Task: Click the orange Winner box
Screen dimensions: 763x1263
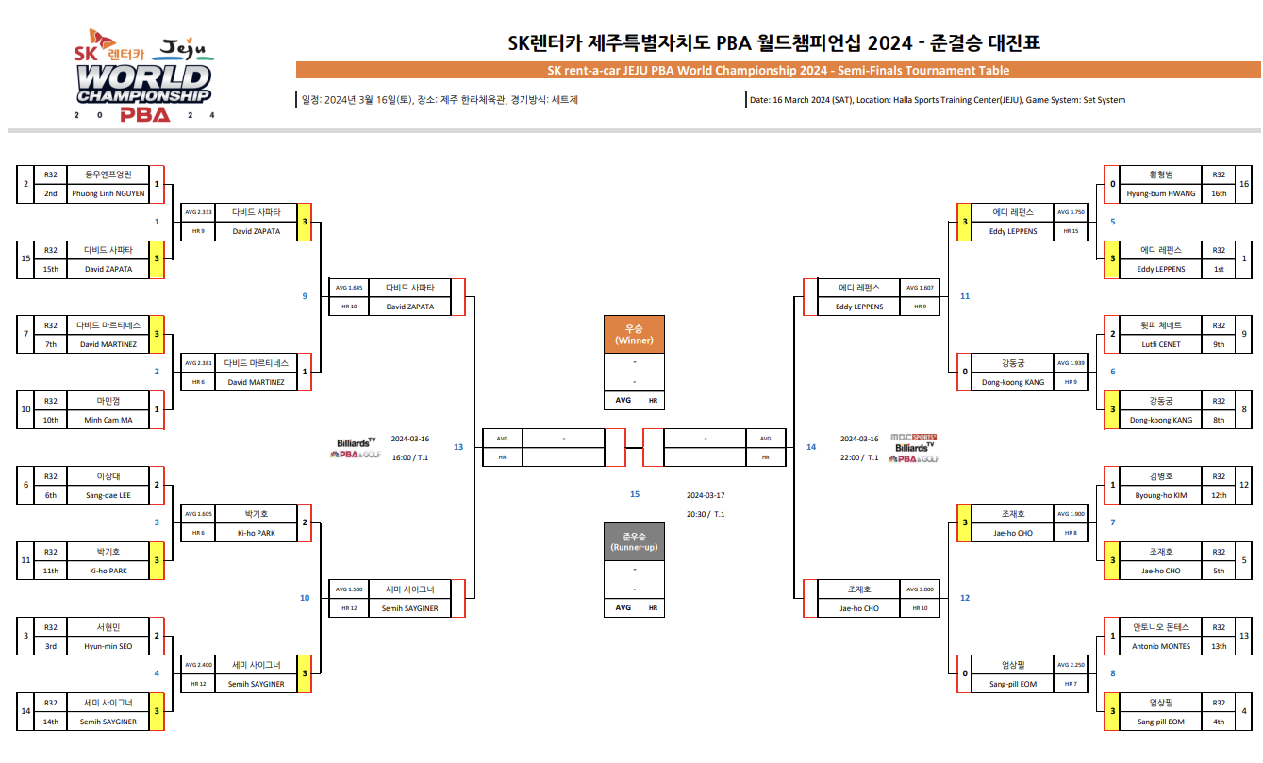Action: pos(634,334)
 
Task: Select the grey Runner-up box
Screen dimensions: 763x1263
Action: pos(634,541)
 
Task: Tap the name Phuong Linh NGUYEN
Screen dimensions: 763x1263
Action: pos(108,193)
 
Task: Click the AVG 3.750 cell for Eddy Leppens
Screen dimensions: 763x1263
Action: pos(1072,212)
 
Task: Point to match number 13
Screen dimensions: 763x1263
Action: pos(458,447)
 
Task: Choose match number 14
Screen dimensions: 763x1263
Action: pos(811,447)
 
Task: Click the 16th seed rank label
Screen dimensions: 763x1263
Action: pos(1219,193)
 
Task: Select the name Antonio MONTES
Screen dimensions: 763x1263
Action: pos(1161,646)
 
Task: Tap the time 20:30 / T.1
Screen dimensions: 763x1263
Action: pos(706,514)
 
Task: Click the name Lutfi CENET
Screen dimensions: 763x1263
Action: pos(1161,344)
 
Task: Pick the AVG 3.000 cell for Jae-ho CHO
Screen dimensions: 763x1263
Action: pos(920,589)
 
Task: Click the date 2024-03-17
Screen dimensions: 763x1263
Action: pos(706,495)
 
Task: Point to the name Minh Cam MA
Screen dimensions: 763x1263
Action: pos(108,420)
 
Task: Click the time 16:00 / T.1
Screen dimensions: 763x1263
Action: pos(409,457)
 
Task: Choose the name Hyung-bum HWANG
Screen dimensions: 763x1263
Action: pos(1161,193)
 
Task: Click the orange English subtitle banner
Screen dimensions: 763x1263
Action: pos(778,71)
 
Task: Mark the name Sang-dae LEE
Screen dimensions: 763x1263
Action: pos(108,495)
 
